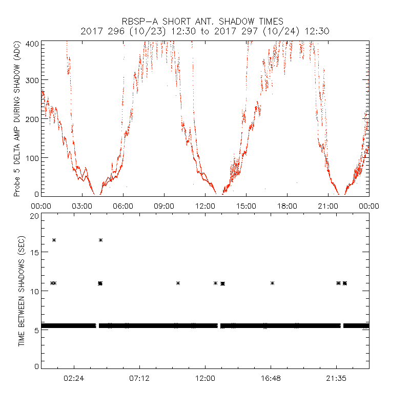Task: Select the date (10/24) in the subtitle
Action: click(x=274, y=31)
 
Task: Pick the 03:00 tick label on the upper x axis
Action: click(x=82, y=206)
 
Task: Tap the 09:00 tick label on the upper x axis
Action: click(x=164, y=206)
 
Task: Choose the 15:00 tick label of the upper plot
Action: click(x=246, y=206)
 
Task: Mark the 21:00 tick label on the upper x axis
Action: click(x=328, y=206)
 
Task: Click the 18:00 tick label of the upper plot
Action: click(x=287, y=206)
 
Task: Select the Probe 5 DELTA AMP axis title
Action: click(x=17, y=119)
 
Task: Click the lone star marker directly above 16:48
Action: click(x=273, y=283)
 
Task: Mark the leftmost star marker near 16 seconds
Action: click(x=54, y=240)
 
